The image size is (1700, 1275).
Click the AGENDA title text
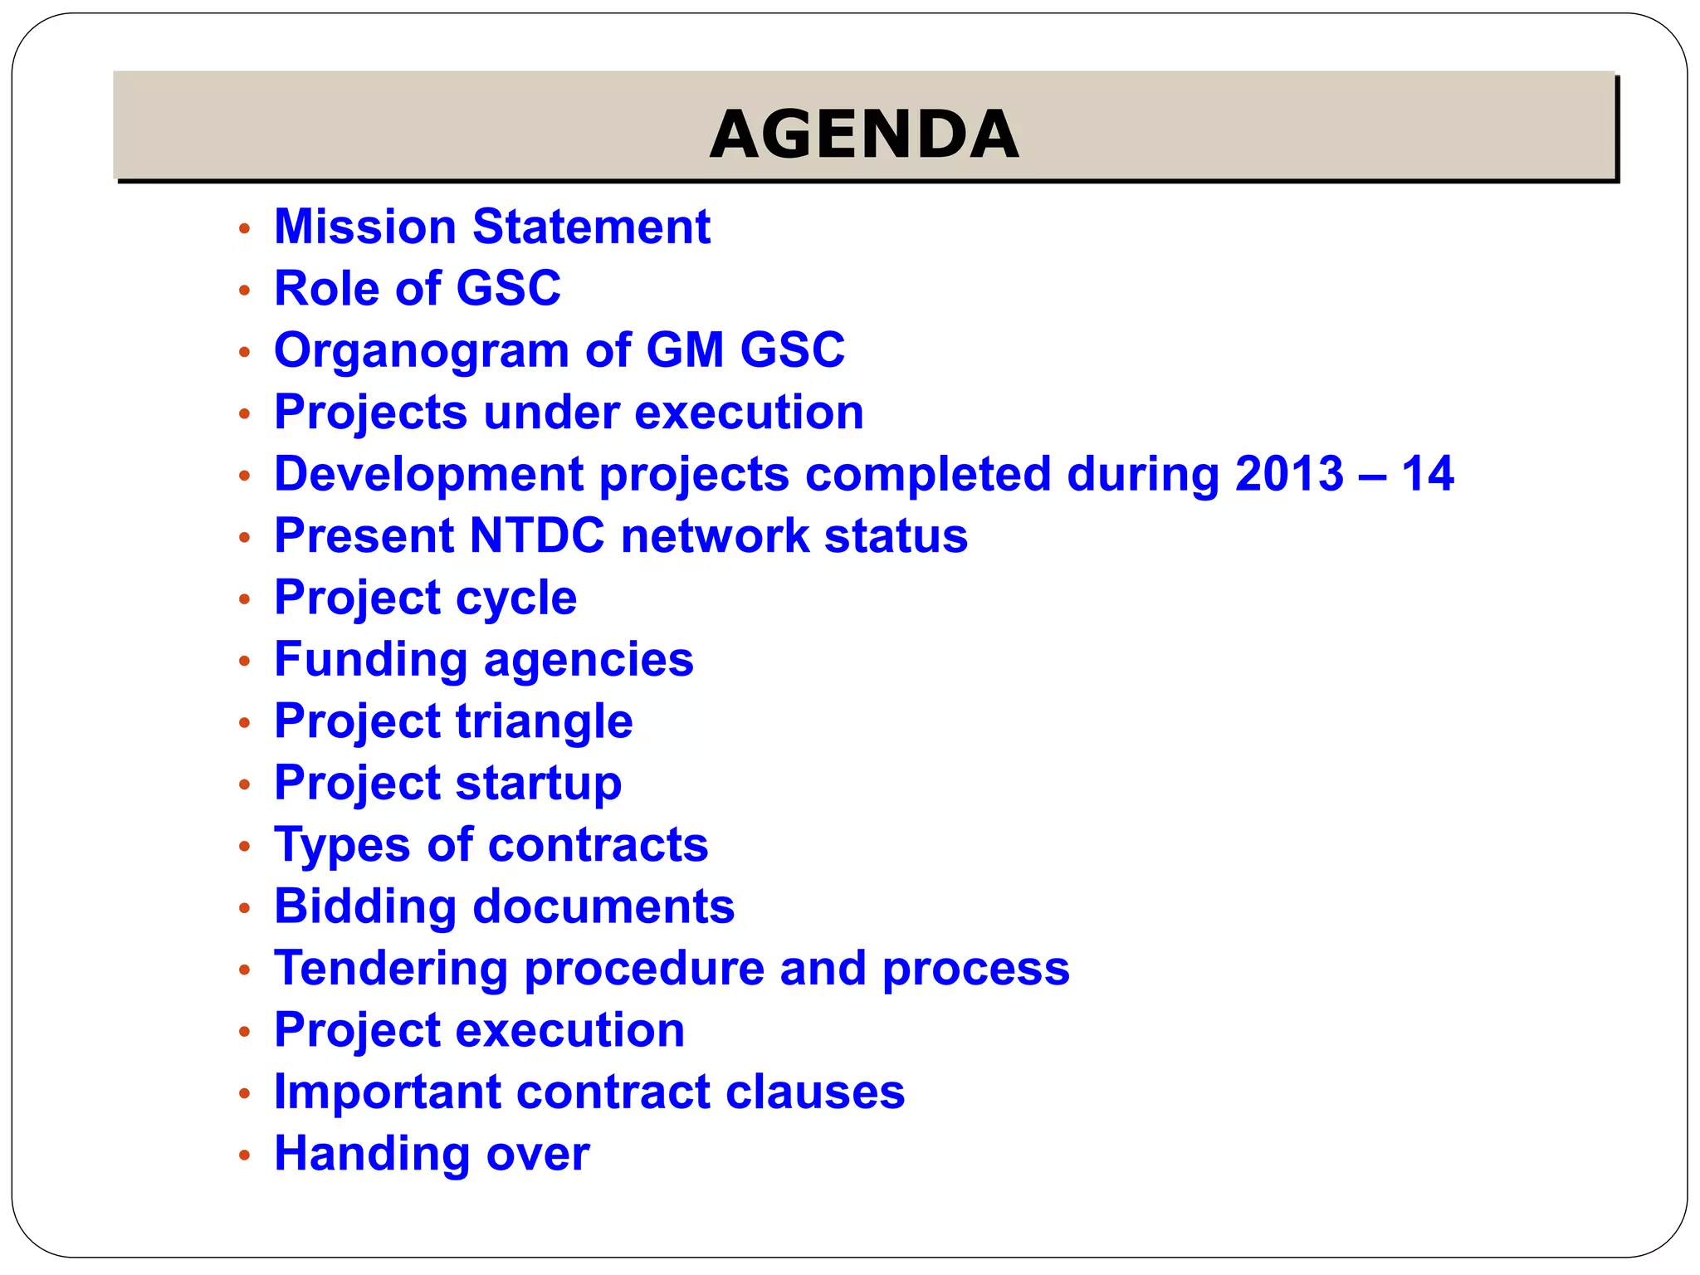click(x=864, y=134)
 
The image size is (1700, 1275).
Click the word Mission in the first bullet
click(x=364, y=227)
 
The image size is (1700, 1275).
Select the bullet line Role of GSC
click(x=417, y=289)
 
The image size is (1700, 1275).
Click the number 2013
click(x=1288, y=474)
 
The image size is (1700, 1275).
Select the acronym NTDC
click(x=536, y=535)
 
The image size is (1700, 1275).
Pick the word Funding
click(x=370, y=660)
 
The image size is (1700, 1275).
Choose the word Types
click(x=342, y=846)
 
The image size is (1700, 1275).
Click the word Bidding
click(x=364, y=906)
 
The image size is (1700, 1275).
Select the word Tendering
click(x=391, y=969)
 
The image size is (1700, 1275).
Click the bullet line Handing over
click(x=432, y=1154)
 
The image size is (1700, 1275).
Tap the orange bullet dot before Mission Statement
click(x=244, y=228)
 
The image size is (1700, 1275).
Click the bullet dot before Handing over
click(x=244, y=1155)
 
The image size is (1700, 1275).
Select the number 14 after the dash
click(x=1427, y=474)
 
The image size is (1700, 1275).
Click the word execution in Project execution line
click(x=569, y=1030)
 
